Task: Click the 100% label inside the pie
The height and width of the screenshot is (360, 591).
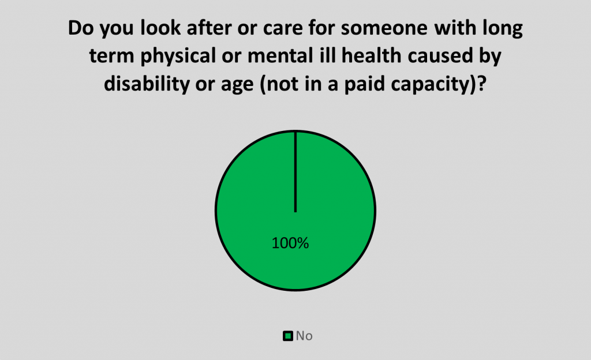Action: coord(290,243)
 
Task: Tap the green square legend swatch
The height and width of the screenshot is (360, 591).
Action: coord(288,336)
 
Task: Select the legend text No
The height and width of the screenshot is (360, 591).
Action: coord(304,336)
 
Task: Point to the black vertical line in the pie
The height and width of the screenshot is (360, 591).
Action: coord(295,172)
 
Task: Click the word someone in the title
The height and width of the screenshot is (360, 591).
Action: coord(384,28)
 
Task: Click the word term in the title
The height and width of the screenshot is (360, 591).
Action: coord(112,57)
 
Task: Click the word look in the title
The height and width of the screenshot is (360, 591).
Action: coord(160,28)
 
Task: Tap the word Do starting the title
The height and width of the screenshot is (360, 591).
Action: coord(81,28)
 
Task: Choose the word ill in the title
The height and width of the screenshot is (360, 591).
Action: coord(330,56)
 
